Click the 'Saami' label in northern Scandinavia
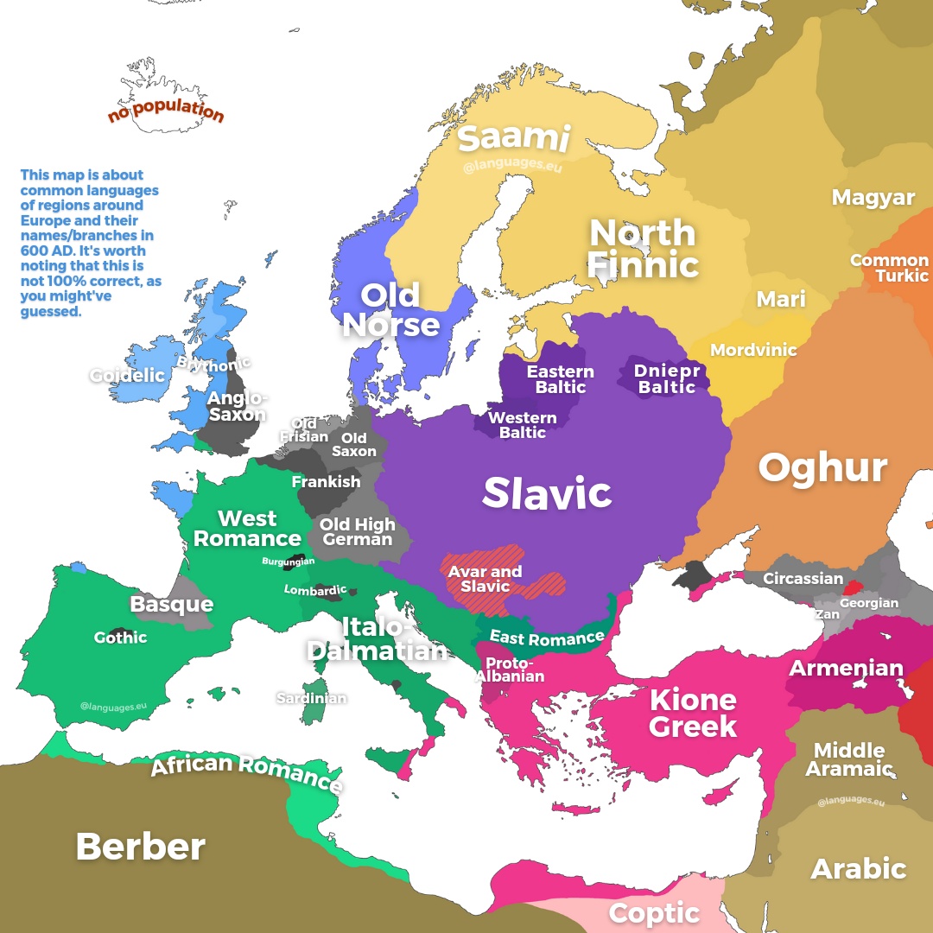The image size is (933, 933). click(x=513, y=138)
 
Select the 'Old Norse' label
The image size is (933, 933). click(x=391, y=309)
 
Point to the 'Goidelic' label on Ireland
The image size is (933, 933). click(x=127, y=376)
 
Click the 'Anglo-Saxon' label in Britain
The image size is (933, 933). click(x=238, y=406)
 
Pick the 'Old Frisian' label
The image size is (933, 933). click(x=304, y=430)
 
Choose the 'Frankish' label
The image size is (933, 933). click(x=326, y=482)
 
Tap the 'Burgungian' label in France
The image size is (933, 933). click(x=289, y=562)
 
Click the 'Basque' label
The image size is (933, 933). click(x=171, y=604)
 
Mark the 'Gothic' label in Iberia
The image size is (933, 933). click(x=120, y=638)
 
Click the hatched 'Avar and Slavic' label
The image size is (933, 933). click(x=485, y=579)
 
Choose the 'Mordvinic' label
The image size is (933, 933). click(x=753, y=350)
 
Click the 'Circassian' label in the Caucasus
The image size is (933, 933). click(x=803, y=579)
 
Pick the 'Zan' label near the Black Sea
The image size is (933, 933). click(x=827, y=614)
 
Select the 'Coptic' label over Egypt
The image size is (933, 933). click(x=654, y=912)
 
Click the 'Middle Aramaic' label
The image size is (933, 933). click(x=849, y=758)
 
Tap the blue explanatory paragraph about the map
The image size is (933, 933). click(x=91, y=244)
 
